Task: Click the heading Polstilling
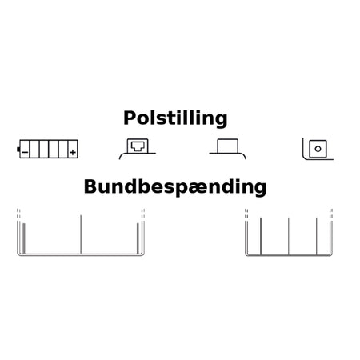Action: (175, 118)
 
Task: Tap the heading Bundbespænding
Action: (175, 187)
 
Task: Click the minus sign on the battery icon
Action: (25, 152)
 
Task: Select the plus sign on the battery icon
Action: (73, 152)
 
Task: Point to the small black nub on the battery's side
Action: (18, 150)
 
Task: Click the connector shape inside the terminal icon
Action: (138, 146)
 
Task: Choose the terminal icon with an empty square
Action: (227, 149)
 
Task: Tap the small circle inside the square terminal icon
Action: (318, 149)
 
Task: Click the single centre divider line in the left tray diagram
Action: (81, 234)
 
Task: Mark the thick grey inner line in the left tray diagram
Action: (24, 238)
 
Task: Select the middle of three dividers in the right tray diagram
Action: (289, 236)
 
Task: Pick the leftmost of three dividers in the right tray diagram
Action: (261, 236)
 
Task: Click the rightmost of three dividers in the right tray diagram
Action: (317, 236)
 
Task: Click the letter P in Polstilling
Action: (130, 118)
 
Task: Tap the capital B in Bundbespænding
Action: (90, 186)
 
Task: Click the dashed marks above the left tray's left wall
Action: (18, 214)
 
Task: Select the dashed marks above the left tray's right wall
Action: (143, 214)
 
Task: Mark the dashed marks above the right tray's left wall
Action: (246, 214)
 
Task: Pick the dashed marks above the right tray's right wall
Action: (331, 214)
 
